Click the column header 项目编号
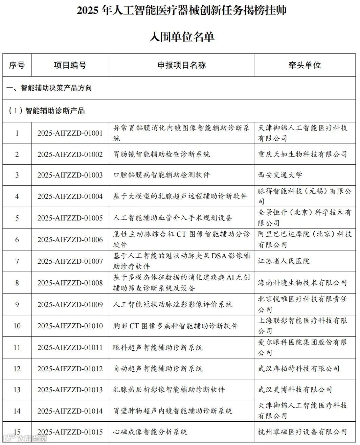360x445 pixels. click(70, 65)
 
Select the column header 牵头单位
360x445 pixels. click(305, 65)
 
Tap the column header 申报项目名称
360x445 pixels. click(181, 65)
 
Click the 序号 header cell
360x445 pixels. click(17, 65)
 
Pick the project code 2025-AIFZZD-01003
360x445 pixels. click(70, 175)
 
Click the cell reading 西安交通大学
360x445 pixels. click(280, 175)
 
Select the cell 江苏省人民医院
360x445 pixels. click(284, 261)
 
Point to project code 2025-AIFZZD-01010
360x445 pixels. click(70, 326)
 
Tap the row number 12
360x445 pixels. click(17, 369)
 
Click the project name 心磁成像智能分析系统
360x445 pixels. click(150, 432)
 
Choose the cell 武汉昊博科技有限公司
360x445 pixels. click(295, 390)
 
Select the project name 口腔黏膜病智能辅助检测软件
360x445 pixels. click(161, 175)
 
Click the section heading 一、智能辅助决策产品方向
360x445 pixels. click(49, 88)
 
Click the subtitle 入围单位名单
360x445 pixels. click(182, 37)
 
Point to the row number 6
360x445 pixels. click(17, 240)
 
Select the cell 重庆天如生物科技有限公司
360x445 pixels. click(302, 155)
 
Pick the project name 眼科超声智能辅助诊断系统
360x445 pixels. click(158, 347)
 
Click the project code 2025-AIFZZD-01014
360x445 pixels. click(70, 411)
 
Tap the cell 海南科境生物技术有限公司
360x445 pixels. click(302, 283)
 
